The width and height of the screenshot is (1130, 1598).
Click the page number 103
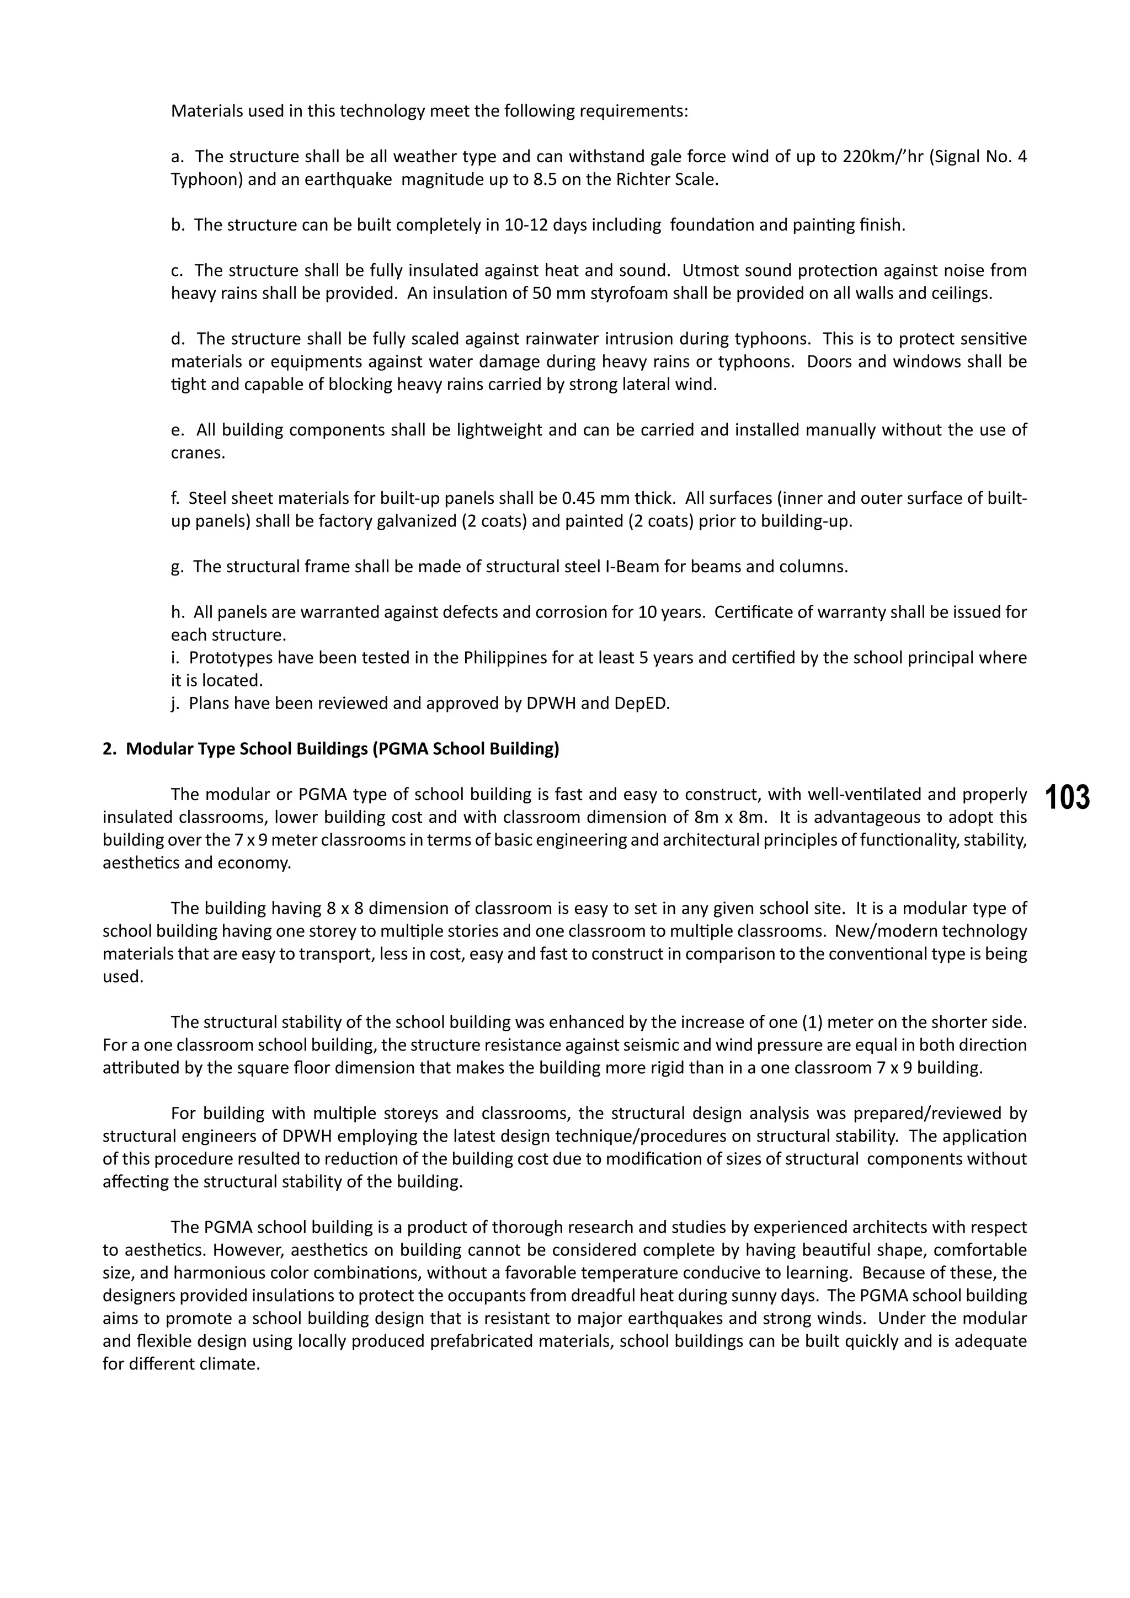[x=1068, y=797]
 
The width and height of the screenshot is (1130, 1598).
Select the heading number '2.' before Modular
[x=110, y=749]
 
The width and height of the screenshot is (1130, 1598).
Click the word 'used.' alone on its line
[x=122, y=977]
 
